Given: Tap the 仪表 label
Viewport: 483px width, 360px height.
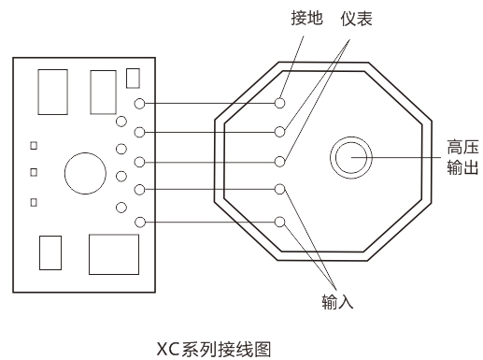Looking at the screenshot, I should tap(356, 19).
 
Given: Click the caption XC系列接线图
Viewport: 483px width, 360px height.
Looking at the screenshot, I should tap(213, 349).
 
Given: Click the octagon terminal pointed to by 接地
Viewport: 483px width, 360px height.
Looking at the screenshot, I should tap(279, 101).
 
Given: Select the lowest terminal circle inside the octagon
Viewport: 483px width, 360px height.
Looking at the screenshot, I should tap(279, 222).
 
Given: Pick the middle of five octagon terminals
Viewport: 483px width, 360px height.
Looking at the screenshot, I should tap(279, 160).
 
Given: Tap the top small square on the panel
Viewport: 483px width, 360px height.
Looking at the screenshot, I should tap(35, 145).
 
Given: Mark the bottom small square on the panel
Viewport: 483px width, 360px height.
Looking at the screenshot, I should tap(35, 201).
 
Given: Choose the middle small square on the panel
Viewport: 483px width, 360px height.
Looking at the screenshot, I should tap(35, 172).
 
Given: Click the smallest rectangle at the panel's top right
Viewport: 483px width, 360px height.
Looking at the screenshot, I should tap(133, 77).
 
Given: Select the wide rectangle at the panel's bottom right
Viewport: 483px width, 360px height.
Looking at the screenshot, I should tap(113, 252).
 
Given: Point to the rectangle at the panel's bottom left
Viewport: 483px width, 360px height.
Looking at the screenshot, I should tap(50, 252).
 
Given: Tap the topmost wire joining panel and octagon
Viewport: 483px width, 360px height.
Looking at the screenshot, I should tap(210, 102).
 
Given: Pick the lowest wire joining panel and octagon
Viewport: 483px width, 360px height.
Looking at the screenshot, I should tap(210, 222).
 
